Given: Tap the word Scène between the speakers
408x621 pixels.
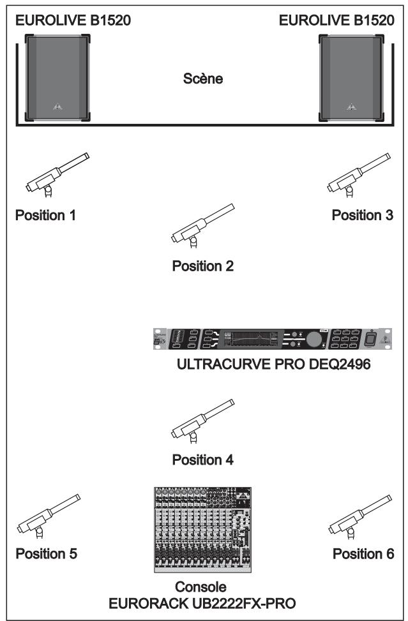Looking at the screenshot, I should pos(202,81).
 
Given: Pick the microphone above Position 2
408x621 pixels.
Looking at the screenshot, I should pos(202,224).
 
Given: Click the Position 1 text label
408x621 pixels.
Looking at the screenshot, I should pos(45,215).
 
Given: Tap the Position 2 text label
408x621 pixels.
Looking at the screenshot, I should pos(202,266).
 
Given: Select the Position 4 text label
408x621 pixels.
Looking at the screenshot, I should pos(202,460).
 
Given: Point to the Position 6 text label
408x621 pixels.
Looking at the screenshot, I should pos(363,553).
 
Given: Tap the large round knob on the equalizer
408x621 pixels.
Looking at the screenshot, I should pos(314,339).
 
